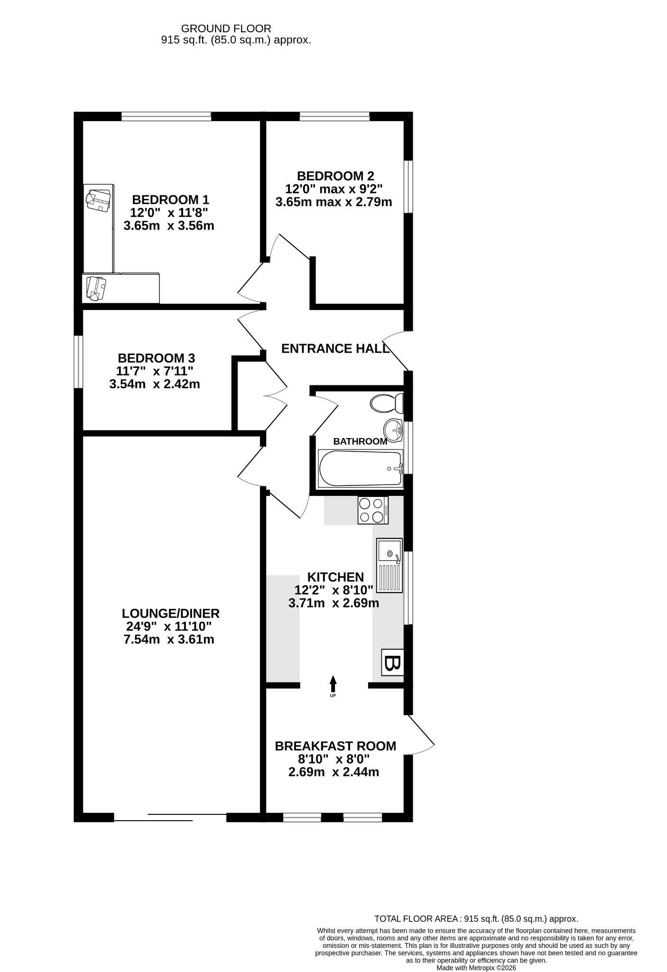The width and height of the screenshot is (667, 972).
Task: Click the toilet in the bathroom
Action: point(387,403)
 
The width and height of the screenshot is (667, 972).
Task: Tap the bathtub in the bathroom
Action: point(361,468)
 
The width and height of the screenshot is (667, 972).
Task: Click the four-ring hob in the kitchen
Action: point(373,510)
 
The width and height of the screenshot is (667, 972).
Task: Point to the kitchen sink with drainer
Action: point(389,565)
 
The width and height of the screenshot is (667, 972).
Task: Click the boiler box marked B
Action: point(393,663)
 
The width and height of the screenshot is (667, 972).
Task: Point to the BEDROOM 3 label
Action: point(156,358)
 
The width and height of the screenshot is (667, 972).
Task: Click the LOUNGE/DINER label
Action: point(171,613)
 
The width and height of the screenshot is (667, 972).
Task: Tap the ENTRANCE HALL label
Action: point(335,349)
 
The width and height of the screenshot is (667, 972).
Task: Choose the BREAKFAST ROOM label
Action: point(335,746)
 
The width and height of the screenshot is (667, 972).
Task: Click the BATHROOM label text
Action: point(360,441)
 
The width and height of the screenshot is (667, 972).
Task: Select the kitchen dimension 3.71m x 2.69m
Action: point(333,603)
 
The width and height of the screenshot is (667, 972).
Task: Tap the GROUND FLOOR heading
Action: point(226,29)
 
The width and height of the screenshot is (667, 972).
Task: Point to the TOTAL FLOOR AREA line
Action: point(476,918)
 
